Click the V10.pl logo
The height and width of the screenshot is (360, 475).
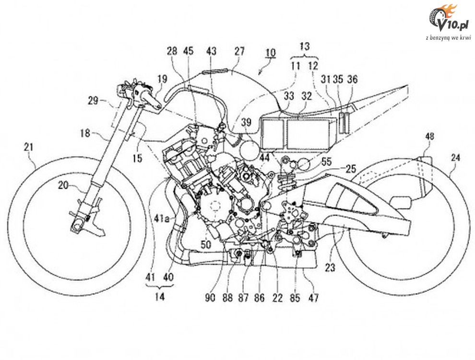448,19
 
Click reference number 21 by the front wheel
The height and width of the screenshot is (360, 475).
29,148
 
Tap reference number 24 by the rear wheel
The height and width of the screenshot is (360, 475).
455,157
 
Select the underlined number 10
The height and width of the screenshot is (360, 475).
270,53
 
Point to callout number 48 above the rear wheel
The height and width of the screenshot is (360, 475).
429,136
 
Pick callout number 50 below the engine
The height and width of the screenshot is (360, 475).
206,244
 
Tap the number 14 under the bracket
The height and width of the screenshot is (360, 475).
159,297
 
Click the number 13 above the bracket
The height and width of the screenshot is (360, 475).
304,46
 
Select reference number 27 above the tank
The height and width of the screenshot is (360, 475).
239,51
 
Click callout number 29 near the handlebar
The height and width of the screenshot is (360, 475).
93,100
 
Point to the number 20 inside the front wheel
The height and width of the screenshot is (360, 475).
63,185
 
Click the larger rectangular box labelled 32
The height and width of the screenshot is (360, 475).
308,133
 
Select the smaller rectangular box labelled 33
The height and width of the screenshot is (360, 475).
272,133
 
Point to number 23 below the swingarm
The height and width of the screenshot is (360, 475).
331,267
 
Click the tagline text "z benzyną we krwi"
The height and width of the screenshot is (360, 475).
448,37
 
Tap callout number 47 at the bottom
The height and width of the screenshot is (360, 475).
313,298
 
